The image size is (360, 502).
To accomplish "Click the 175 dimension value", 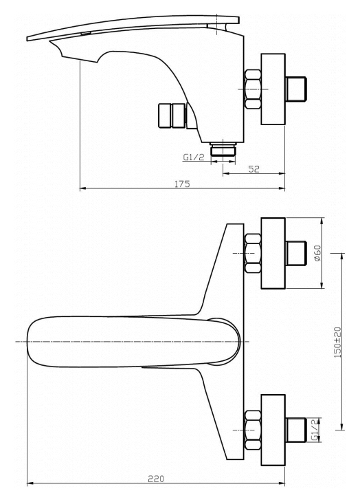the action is [182, 184].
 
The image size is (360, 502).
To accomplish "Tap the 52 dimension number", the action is [254, 169].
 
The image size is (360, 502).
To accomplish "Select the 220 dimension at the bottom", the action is [156, 479].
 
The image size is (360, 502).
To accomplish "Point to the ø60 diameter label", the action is [318, 253].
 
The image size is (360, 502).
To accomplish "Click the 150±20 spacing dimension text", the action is [337, 342].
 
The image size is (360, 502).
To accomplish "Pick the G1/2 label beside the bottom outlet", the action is [194, 157].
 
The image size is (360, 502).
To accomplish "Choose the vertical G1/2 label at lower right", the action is [315, 430].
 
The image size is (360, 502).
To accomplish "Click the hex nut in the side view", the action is [253, 89].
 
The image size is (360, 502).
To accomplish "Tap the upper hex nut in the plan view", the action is [253, 253].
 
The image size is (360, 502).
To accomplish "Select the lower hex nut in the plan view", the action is [253, 430].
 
